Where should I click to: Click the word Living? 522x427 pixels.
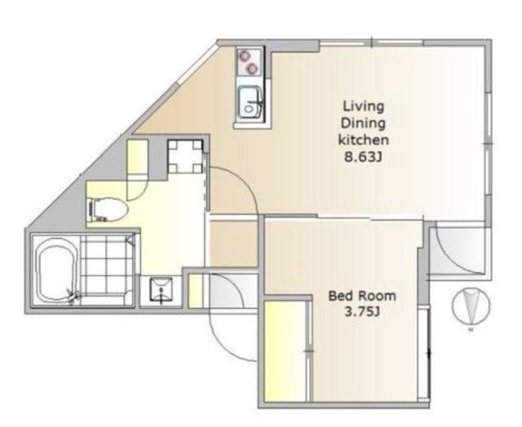[x=364, y=107]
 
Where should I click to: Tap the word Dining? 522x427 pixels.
[x=363, y=123]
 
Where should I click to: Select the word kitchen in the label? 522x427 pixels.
[x=364, y=139]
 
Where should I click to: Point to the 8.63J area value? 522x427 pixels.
[x=363, y=156]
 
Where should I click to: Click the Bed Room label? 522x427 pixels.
[x=362, y=296]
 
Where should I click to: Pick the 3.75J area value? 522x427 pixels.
[x=362, y=312]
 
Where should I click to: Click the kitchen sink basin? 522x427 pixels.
[x=250, y=103]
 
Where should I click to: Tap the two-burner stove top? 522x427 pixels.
[x=249, y=62]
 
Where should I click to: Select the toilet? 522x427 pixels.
[x=107, y=210]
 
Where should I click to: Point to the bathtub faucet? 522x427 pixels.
[x=73, y=296]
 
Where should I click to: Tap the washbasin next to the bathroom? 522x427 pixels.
[x=161, y=290]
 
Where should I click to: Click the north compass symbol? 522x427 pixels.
[x=471, y=306]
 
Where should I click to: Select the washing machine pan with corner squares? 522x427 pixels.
[x=185, y=156]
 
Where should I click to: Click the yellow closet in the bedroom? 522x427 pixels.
[x=285, y=351]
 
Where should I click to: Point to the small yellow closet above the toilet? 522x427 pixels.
[x=138, y=156]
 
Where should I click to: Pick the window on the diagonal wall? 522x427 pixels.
[x=197, y=64]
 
